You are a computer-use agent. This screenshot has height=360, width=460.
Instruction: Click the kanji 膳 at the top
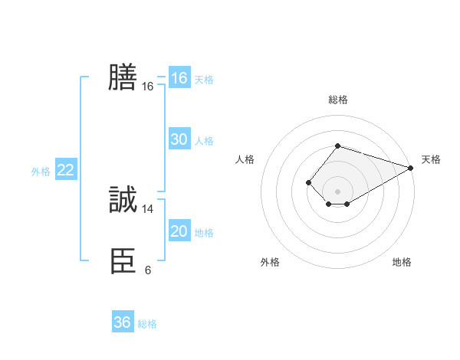[x=123, y=77]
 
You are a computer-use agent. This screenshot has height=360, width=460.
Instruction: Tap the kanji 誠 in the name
[x=123, y=201]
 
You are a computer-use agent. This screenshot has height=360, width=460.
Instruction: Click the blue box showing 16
[x=179, y=78]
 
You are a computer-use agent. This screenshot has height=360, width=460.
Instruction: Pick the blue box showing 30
[x=179, y=139]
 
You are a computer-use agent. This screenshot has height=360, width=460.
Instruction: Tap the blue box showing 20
[x=179, y=231]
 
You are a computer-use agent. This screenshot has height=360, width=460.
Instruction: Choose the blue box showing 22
[x=65, y=170]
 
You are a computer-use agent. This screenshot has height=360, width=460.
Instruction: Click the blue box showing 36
[x=122, y=322]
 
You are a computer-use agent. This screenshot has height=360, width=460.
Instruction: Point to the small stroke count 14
[x=148, y=209]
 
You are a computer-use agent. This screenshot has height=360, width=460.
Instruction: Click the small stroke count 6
[x=148, y=270]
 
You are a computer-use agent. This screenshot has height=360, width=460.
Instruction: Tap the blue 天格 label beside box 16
[x=204, y=80]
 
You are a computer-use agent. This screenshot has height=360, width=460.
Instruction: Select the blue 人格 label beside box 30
[x=204, y=141]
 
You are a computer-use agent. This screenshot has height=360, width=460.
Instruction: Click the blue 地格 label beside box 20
[x=204, y=233]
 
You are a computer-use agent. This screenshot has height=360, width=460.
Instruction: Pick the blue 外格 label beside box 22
[x=41, y=172]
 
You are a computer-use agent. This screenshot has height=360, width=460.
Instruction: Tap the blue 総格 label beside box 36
[x=147, y=324]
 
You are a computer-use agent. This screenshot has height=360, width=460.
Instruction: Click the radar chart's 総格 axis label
[x=337, y=100]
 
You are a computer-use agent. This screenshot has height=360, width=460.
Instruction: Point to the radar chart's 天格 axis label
[x=431, y=159]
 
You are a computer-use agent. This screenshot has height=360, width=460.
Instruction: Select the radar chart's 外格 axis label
[x=270, y=262]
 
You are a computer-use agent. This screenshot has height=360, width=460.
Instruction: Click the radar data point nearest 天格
[x=411, y=168]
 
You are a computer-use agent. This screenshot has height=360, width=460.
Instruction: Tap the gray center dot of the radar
[x=337, y=191]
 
